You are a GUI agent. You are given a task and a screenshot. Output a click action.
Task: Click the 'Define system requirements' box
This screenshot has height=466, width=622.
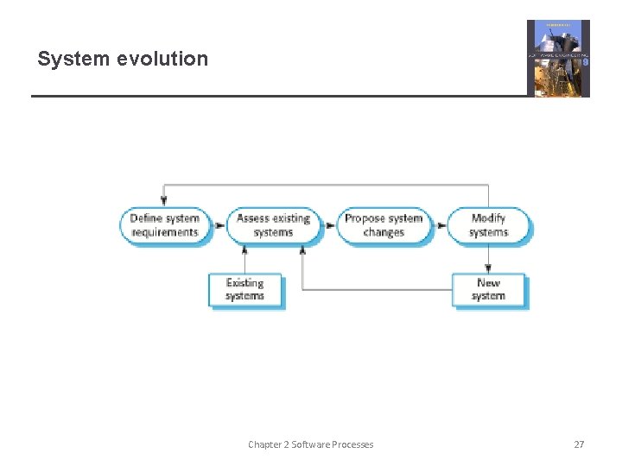pyautogui.click(x=164, y=226)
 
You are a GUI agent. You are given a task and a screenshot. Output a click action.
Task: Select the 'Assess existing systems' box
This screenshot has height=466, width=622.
pyautogui.click(x=273, y=226)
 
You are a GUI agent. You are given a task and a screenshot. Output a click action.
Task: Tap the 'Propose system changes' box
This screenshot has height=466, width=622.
pyautogui.click(x=384, y=226)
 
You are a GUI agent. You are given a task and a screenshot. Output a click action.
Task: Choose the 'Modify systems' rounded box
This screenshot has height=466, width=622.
pyautogui.click(x=488, y=226)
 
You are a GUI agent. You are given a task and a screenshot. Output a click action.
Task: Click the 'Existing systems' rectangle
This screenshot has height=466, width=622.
pyautogui.click(x=245, y=290)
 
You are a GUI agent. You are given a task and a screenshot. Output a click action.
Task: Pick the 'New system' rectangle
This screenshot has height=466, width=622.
pyautogui.click(x=488, y=290)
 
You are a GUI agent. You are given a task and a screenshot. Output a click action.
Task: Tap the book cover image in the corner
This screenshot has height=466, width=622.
pyautogui.click(x=558, y=58)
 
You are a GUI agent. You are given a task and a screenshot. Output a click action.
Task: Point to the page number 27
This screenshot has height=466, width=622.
pyautogui.click(x=579, y=444)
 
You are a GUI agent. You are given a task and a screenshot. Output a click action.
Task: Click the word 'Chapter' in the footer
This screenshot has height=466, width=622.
pyautogui.click(x=264, y=444)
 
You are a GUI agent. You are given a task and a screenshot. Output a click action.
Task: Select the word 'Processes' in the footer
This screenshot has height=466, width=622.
pyautogui.click(x=352, y=444)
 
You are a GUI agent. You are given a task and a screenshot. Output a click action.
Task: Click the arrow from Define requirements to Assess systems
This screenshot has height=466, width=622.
pyautogui.click(x=219, y=226)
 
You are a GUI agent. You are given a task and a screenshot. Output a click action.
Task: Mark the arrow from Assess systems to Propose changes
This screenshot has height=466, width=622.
pyautogui.click(x=328, y=226)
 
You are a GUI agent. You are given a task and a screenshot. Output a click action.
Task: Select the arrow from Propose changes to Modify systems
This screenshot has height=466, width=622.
pyautogui.click(x=439, y=226)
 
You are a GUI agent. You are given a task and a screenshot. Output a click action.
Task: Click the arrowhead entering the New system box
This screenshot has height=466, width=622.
pyautogui.click(x=488, y=268)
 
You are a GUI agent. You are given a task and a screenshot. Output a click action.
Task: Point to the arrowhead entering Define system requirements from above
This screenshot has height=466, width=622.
pyautogui.click(x=164, y=202)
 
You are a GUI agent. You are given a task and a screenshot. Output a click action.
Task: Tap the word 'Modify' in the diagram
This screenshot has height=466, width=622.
pyautogui.click(x=488, y=218)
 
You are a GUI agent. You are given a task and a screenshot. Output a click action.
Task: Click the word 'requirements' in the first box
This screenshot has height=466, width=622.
pyautogui.click(x=164, y=233)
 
